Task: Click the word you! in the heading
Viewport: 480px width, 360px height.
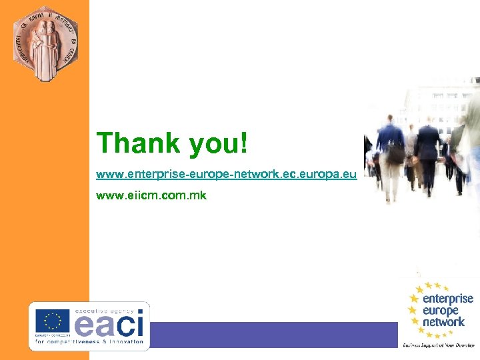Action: pos(218,144)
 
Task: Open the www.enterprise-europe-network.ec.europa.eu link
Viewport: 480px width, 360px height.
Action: pos(227,175)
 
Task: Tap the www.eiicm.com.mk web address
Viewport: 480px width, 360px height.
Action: pos(151,196)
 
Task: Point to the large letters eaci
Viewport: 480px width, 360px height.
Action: pos(109,326)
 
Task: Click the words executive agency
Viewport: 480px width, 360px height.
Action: pos(104,311)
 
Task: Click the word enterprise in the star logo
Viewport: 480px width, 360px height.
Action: pos(448,299)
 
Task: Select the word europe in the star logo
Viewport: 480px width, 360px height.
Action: pos(441,311)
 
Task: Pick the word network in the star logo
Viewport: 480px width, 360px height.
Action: pos(443,322)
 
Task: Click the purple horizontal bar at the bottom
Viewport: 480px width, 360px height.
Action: pos(273,334)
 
